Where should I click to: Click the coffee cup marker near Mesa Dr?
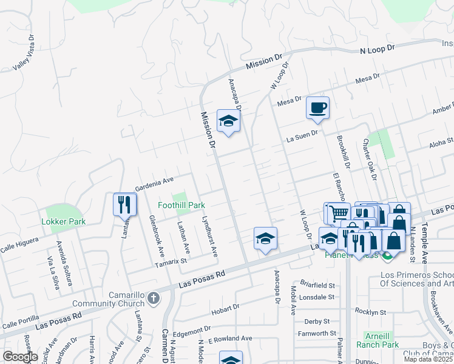tap(317, 109)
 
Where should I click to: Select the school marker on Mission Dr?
tap(228, 121)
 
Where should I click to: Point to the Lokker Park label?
tap(63, 222)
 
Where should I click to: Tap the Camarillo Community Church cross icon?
tap(154, 298)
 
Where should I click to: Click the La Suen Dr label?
tap(302, 136)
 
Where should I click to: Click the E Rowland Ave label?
tap(231, 339)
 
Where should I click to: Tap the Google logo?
tap(20, 357)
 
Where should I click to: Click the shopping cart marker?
tap(338, 212)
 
